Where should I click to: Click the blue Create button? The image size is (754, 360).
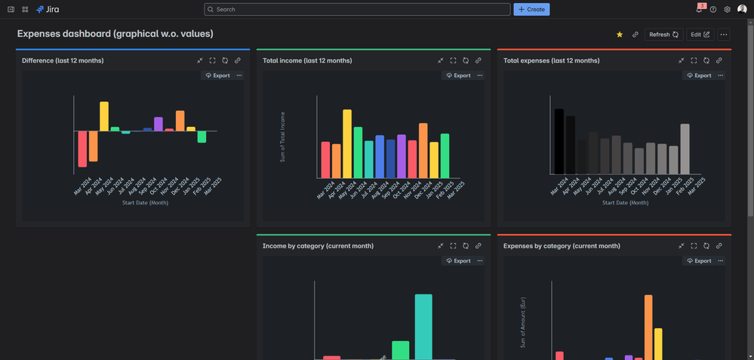pos(531,9)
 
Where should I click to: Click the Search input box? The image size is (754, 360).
pos(357,9)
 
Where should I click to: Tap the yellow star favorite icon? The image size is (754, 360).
pos(620,35)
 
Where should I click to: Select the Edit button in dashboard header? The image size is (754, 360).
pos(700,35)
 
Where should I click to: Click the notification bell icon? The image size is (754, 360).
pos(699,10)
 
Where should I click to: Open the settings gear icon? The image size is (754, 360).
pos(727,10)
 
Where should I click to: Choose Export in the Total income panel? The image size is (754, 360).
pos(458,75)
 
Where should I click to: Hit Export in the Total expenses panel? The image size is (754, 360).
pos(699,75)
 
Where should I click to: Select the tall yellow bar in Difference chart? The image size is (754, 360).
pos(104,116)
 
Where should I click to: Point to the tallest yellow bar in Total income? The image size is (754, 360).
pos(347,143)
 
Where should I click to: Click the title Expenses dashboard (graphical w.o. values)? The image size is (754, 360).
pos(115,34)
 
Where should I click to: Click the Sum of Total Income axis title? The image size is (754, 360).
pos(283,137)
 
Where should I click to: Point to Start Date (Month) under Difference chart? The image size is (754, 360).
pos(146,203)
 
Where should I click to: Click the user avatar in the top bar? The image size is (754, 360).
pos(742,9)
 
